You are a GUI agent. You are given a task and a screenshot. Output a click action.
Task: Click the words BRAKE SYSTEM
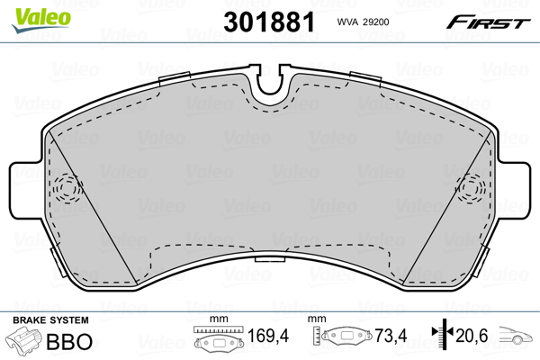pos(49,320)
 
